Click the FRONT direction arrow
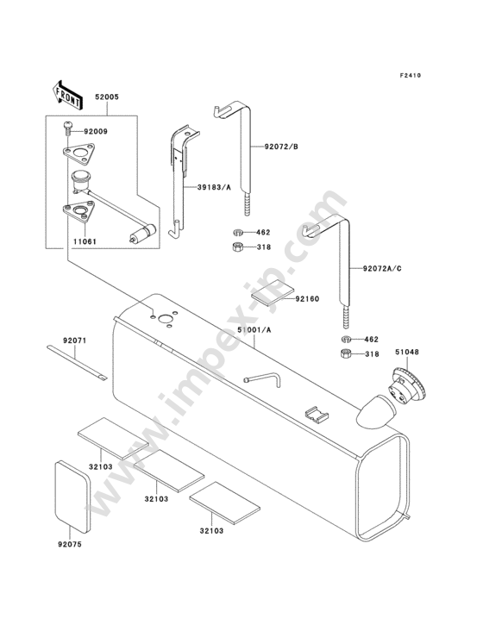[67, 96]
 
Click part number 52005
[107, 97]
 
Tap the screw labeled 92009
[68, 130]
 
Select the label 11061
[85, 242]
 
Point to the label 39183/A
[214, 187]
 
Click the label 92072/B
[281, 147]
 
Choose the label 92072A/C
[382, 268]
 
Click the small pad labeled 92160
[273, 292]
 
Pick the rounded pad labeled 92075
[72, 494]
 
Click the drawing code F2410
[411, 75]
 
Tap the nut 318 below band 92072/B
[238, 247]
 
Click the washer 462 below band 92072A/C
[346, 339]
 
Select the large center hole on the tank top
[165, 319]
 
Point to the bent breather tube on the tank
[264, 378]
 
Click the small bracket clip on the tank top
[316, 415]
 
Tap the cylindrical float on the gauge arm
[144, 233]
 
